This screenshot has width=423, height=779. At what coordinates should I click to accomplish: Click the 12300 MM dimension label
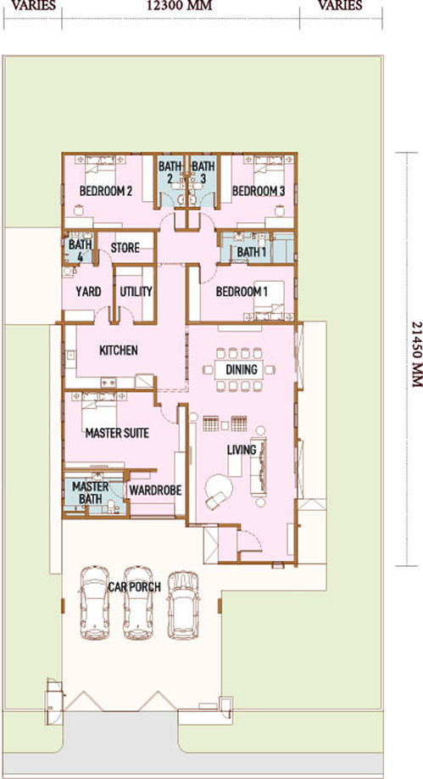tap(179, 6)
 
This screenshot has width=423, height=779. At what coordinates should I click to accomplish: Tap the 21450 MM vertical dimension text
tap(417, 355)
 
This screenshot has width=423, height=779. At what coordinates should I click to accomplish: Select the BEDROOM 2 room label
tap(106, 191)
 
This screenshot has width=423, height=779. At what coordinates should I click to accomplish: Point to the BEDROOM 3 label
tap(259, 191)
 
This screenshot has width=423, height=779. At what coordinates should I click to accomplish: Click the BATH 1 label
tap(251, 252)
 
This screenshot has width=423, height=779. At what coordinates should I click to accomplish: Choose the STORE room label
tap(125, 248)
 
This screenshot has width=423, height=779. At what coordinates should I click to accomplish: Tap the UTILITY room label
tap(136, 292)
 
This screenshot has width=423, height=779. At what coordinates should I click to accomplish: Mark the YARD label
tap(88, 292)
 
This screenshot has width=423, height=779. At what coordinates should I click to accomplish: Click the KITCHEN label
tap(119, 350)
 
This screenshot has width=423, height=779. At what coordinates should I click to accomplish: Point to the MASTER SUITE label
tap(117, 434)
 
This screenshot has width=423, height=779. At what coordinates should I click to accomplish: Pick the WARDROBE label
tap(155, 490)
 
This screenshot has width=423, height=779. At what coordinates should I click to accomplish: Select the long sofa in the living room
tap(259, 467)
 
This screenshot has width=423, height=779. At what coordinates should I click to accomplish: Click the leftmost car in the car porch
tap(95, 602)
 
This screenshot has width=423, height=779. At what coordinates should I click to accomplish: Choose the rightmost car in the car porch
tap(183, 605)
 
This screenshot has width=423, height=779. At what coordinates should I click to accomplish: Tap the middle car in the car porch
tap(138, 602)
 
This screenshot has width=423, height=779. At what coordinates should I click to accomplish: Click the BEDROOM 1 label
tap(242, 292)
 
